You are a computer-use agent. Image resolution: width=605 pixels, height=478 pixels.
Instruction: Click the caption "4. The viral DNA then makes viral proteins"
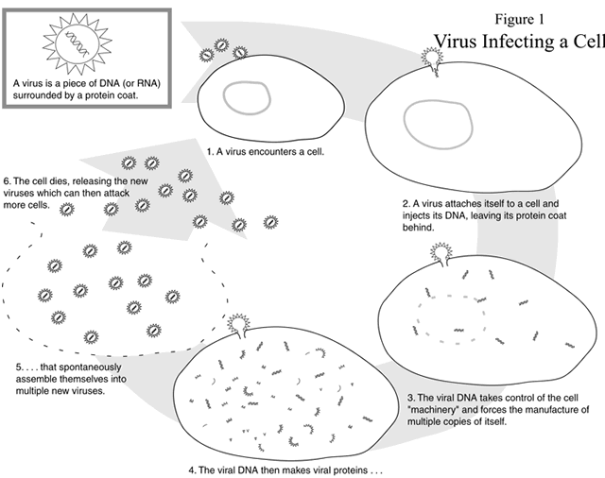283,468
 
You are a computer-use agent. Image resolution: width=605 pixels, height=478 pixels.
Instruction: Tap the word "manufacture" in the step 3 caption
559,409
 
